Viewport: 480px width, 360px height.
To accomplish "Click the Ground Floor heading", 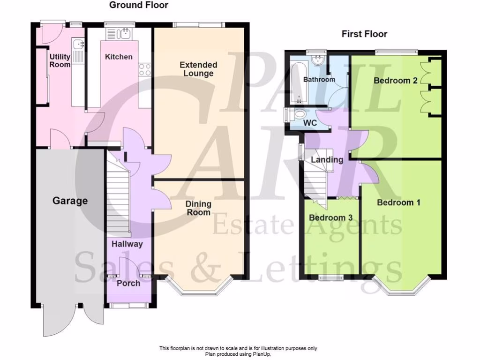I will click(138, 6).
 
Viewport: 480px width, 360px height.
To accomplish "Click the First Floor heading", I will click(364, 34).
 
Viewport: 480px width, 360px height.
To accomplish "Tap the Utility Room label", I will click(60, 60).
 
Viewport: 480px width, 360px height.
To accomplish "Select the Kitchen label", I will click(119, 57).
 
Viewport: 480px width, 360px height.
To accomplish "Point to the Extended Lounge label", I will click(198, 69).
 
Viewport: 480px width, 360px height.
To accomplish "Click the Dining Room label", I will click(198, 208).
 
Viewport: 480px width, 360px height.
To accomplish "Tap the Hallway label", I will click(127, 244).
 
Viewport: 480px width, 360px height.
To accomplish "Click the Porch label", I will click(128, 283).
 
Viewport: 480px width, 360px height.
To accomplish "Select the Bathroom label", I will click(319, 80).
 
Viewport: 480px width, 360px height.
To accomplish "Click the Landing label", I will click(327, 160).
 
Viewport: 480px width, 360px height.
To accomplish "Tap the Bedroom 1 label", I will click(398, 202).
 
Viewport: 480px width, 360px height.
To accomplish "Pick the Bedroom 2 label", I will click(395, 81).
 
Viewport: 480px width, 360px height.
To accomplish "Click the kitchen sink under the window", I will click(120, 34).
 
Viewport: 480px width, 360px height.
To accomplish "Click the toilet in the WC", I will click(297, 114).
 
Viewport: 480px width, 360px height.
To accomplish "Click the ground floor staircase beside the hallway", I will click(118, 197).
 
